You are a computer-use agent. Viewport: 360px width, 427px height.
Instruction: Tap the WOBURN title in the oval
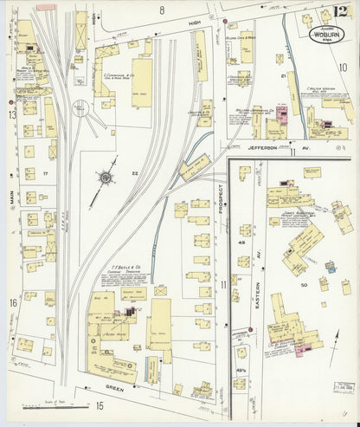pyautogui.click(x=325, y=36)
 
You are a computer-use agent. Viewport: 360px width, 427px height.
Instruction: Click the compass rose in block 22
pyautogui.click(x=106, y=179)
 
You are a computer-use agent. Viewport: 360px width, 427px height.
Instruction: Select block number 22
pyautogui.click(x=134, y=174)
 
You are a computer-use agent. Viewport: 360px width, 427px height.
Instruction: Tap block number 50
pyautogui.click(x=303, y=284)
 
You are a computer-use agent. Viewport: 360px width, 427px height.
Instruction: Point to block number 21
pyautogui.click(x=282, y=76)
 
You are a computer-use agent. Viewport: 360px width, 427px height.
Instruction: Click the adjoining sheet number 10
pyautogui.click(x=343, y=67)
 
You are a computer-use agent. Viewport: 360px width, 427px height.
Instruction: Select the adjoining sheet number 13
pyautogui.click(x=12, y=114)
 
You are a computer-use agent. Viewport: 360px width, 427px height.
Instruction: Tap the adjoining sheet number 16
pyautogui.click(x=13, y=302)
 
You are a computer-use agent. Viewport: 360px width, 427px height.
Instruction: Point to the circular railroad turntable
pyautogui.click(x=80, y=109)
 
